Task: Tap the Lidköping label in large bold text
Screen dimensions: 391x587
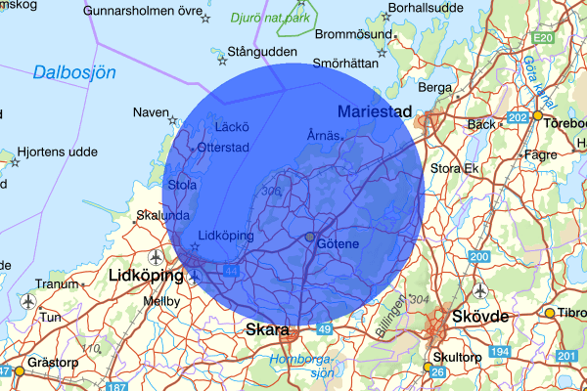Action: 147,276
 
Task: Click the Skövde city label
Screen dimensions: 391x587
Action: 480,318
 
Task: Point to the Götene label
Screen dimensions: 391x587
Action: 339,242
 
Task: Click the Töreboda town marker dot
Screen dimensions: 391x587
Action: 537,115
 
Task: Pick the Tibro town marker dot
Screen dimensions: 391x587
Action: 549,313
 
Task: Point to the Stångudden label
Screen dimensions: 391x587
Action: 261,50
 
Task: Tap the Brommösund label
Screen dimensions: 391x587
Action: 347,33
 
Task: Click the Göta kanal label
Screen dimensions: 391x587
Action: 540,84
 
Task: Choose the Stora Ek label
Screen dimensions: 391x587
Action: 454,169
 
